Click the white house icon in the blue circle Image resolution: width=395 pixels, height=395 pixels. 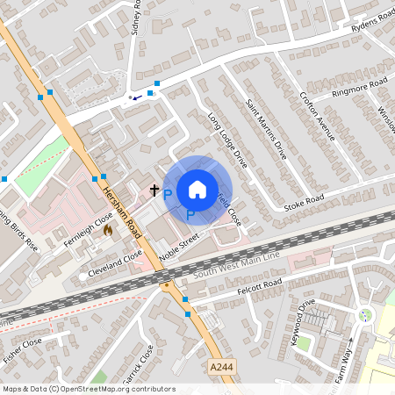click(x=197, y=190)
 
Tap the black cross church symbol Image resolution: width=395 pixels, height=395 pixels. click(x=154, y=190)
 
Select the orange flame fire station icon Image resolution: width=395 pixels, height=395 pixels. click(x=108, y=230)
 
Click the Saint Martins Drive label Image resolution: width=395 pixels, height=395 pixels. click(x=266, y=130)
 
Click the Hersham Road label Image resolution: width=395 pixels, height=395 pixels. click(x=120, y=213)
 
